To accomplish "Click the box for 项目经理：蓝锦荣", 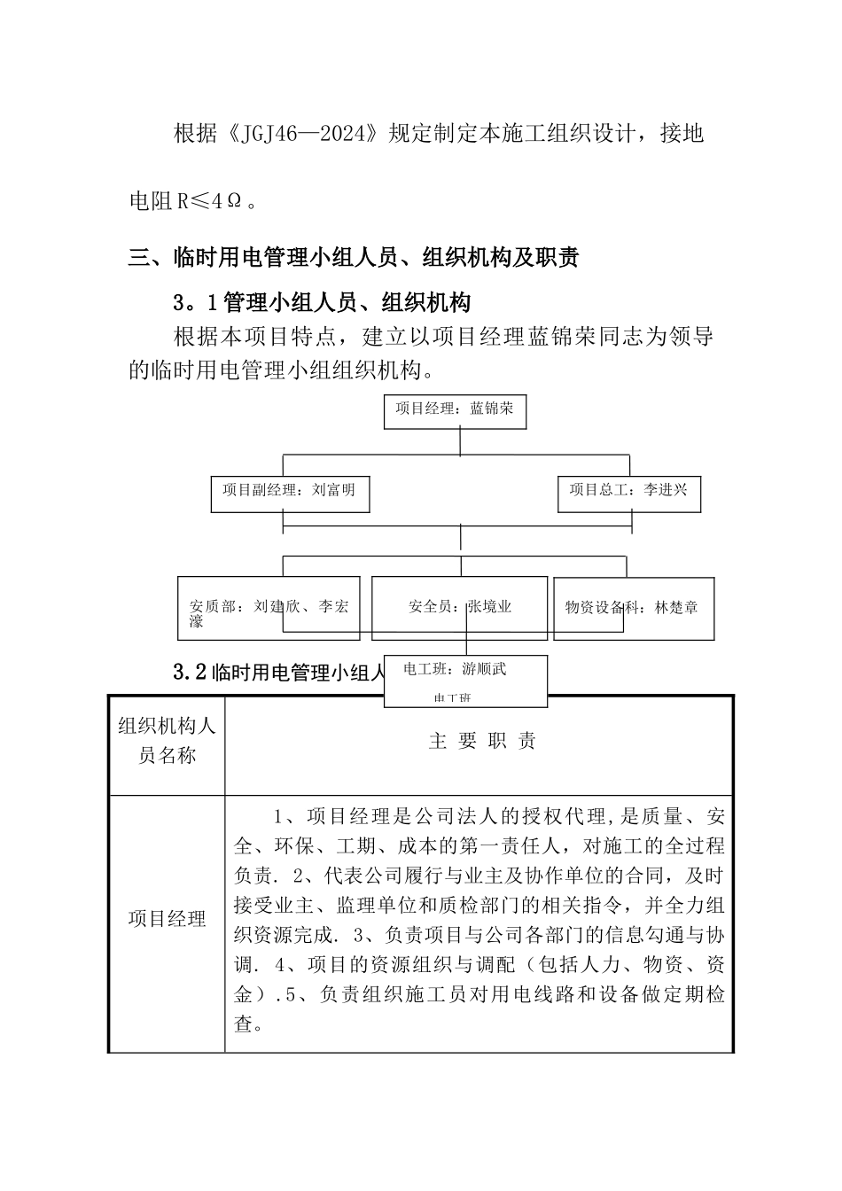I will click(x=455, y=411).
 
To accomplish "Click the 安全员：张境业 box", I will click(x=460, y=609).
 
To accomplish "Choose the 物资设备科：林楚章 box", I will click(x=633, y=609).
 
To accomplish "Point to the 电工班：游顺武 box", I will click(x=465, y=681).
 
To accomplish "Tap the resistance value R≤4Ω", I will click(x=209, y=201).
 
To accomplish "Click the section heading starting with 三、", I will click(x=354, y=258).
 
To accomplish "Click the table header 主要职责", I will click(x=482, y=742).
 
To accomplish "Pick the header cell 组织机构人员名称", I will click(x=167, y=742).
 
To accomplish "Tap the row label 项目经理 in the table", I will click(x=167, y=919).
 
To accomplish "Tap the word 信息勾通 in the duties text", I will click(x=620, y=935).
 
